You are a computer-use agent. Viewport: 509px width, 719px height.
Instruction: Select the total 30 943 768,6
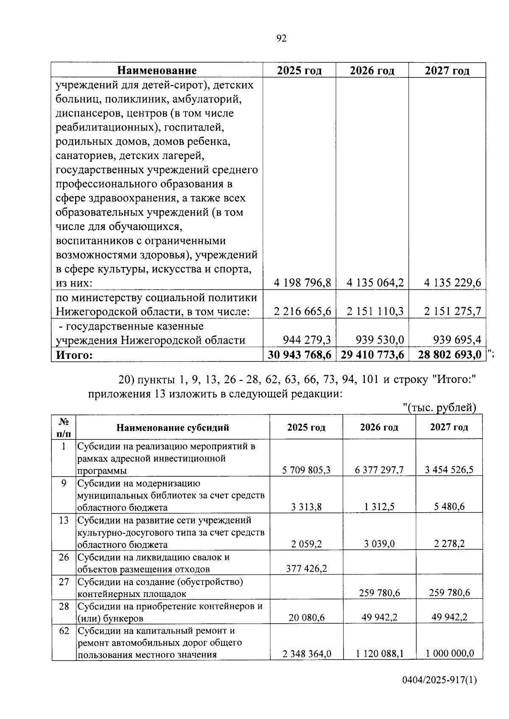(299, 355)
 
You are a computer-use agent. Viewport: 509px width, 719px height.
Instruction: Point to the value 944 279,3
(307, 340)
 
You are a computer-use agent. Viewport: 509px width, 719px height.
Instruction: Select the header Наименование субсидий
(173, 427)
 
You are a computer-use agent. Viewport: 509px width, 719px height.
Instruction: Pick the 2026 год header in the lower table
(379, 427)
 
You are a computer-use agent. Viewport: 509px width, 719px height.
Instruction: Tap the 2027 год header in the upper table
(447, 70)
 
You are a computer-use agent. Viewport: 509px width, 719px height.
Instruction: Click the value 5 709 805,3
(306, 469)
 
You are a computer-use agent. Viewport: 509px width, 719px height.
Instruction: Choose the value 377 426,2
(306, 568)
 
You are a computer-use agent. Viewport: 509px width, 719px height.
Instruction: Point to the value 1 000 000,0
(450, 654)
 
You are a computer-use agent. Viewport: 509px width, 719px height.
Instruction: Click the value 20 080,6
(307, 617)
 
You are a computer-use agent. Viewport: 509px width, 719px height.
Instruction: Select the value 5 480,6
(450, 507)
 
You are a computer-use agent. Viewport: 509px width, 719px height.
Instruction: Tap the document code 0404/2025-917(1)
(439, 692)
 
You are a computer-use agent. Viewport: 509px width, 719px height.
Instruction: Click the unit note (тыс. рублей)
(439, 408)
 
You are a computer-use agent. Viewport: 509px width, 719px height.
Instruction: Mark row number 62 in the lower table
(64, 631)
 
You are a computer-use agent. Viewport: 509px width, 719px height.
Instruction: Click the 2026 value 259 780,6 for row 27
(379, 593)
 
